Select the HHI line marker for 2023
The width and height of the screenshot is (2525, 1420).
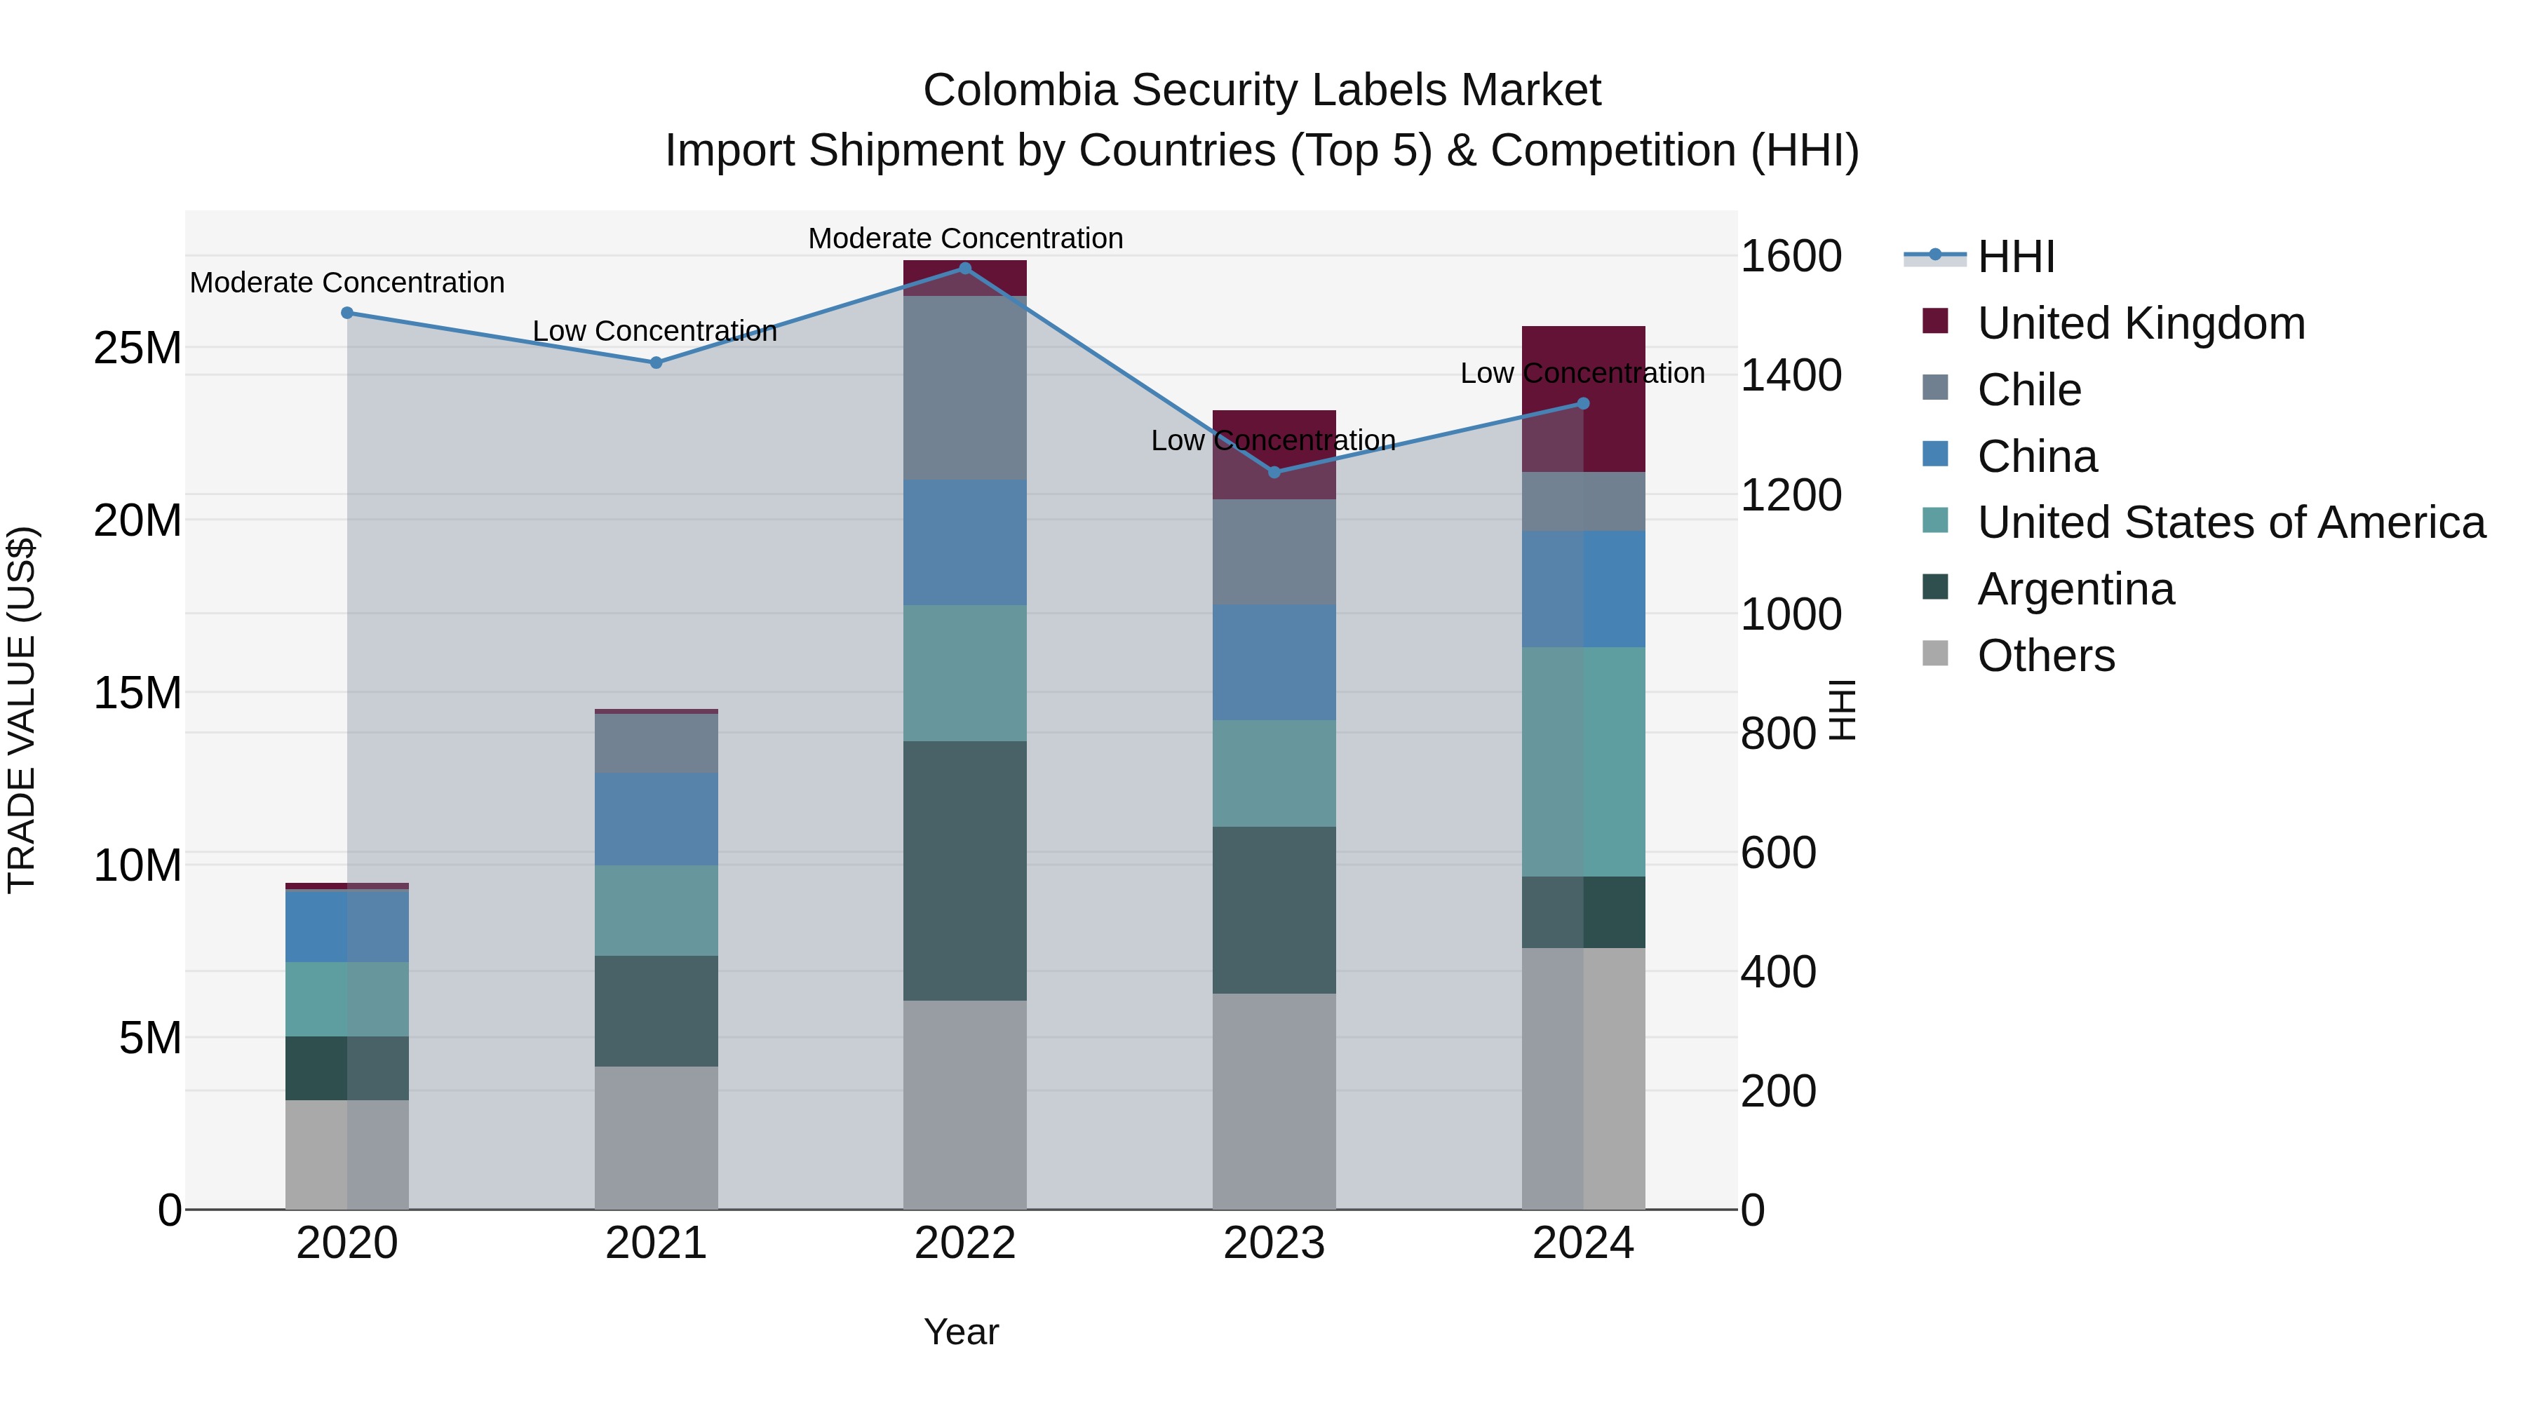[x=1274, y=473]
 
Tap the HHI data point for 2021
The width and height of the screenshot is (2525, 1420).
[x=656, y=363]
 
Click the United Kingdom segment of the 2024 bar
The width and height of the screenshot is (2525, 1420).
[x=1583, y=399]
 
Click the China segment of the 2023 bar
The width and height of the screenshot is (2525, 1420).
[x=1274, y=663]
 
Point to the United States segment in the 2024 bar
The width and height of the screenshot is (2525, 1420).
[x=1583, y=762]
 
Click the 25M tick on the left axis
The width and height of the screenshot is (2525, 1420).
[x=137, y=348]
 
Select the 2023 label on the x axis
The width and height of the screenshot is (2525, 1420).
[x=1274, y=1243]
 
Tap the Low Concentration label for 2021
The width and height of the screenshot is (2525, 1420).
[x=655, y=331]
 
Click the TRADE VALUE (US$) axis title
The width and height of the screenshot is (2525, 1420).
[x=22, y=710]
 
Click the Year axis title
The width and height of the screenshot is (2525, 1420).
[x=961, y=1332]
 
